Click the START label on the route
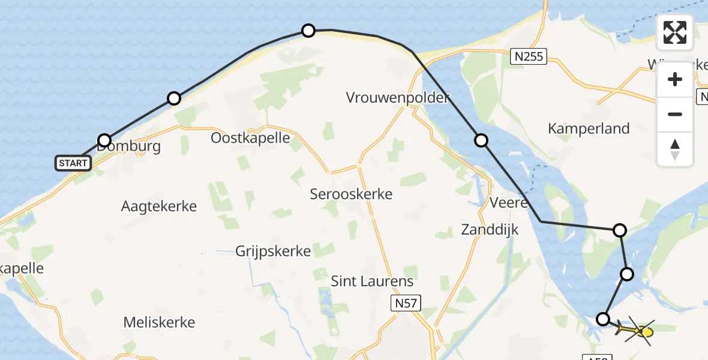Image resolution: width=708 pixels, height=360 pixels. (73, 163)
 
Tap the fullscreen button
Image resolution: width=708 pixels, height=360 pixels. (675, 32)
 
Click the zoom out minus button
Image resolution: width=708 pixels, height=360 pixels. (675, 114)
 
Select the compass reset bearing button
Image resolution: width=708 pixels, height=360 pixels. (675, 149)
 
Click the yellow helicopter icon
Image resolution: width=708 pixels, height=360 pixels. (638, 331)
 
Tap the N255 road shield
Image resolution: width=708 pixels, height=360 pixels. (529, 57)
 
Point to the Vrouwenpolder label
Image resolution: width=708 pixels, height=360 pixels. (398, 97)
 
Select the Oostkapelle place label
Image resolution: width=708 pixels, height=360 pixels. (250, 138)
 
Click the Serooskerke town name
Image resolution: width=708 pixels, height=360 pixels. (351, 194)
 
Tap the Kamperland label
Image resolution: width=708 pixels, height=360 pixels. (589, 128)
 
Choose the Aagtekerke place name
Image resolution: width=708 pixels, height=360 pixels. (159, 206)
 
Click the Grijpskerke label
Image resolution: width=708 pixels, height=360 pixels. (273, 251)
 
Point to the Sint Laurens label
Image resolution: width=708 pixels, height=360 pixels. (373, 281)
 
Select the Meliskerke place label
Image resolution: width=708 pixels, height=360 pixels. (159, 322)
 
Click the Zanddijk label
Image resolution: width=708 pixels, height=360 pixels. (490, 229)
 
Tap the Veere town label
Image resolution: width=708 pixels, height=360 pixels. (508, 202)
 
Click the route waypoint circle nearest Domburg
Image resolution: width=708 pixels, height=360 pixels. (104, 141)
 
